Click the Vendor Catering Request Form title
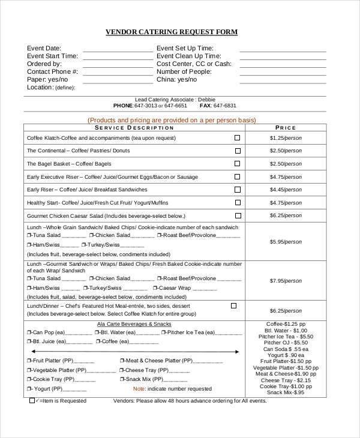pyautogui.click(x=172, y=32)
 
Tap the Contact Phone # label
pyautogui.click(x=53, y=71)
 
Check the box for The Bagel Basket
pyautogui.click(x=237, y=163)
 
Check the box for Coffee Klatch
pyautogui.click(x=237, y=137)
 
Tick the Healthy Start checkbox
pyautogui.click(x=237, y=202)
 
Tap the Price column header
pyautogui.click(x=286, y=128)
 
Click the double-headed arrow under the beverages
pyautogui.click(x=135, y=352)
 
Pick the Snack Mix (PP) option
pyautogui.click(x=140, y=379)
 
